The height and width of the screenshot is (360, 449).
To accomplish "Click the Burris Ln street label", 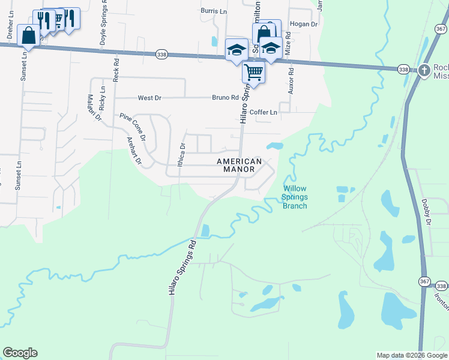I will (x=214, y=11).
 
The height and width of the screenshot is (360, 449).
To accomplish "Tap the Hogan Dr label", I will (x=303, y=24).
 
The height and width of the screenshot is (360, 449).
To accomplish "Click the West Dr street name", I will (x=149, y=98).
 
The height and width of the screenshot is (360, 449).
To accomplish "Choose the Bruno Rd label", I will (x=226, y=98).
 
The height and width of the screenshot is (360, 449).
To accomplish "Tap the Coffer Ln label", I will (x=264, y=112).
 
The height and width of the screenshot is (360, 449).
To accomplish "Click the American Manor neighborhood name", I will (x=239, y=166).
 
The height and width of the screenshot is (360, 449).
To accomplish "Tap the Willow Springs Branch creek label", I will (x=295, y=197).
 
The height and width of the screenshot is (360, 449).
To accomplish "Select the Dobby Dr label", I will (x=427, y=212).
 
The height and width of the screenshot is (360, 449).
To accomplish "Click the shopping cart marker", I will (x=254, y=72).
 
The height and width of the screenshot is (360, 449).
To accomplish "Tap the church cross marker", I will (x=424, y=70).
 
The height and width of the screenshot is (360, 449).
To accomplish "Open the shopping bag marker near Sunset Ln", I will (x=29, y=36).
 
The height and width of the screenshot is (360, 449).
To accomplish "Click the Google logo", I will (x=20, y=353).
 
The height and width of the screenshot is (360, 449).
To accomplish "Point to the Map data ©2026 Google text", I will (x=411, y=355).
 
